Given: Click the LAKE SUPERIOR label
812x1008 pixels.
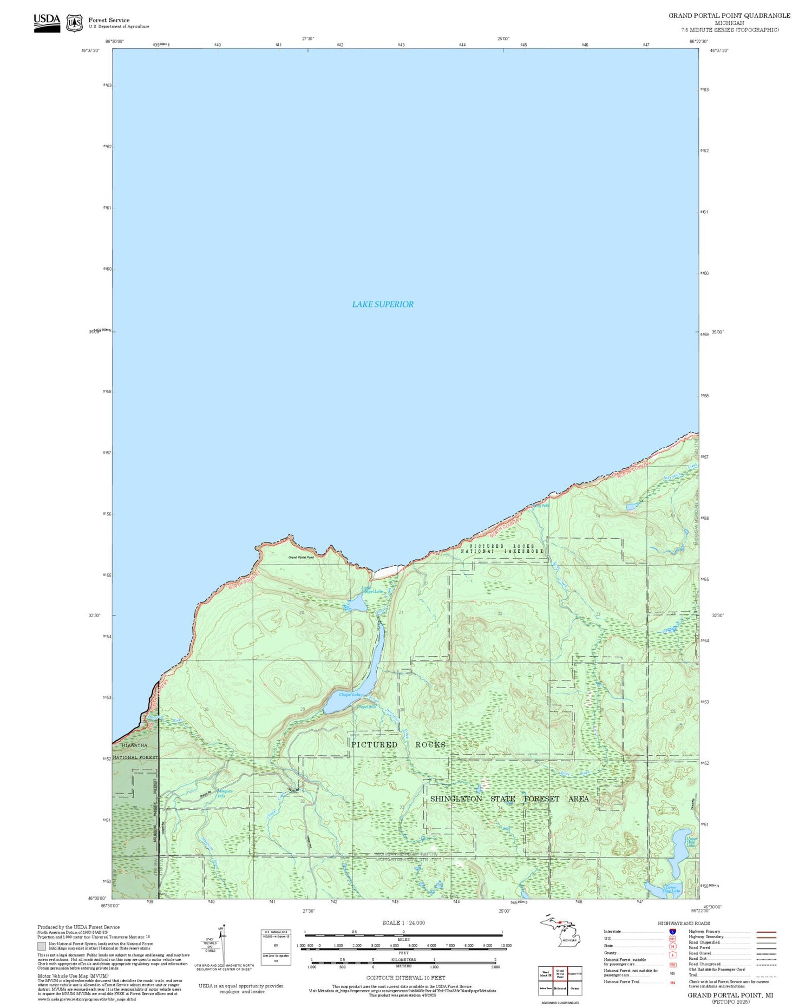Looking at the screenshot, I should (383, 304).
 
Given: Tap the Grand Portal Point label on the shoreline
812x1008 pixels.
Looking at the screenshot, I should (301, 557).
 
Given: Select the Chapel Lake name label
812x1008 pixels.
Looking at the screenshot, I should (349, 695).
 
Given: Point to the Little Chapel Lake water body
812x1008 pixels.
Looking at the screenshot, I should (357, 604).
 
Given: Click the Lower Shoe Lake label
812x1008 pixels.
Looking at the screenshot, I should (671, 889).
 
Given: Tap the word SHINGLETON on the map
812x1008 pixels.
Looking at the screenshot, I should (456, 799).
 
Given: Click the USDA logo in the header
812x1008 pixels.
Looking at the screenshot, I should (47, 23).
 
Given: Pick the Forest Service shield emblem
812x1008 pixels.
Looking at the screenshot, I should (74, 23).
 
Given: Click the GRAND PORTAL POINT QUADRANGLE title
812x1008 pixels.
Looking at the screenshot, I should (729, 16).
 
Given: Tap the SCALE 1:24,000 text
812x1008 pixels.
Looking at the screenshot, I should (403, 923).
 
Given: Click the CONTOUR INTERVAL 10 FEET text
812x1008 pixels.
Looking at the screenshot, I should (405, 978).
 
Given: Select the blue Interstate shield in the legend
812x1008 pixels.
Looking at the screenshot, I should (672, 932).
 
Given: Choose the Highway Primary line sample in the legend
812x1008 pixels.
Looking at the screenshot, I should (764, 932).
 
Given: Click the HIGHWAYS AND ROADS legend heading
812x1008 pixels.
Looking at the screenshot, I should (684, 924).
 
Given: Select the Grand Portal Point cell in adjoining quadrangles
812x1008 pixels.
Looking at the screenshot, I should (560, 973).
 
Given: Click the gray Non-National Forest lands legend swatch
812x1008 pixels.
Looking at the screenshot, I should (42, 946).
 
